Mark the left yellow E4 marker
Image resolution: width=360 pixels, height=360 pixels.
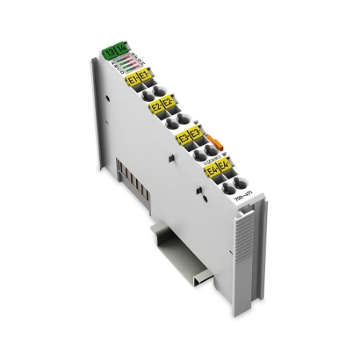[212, 170]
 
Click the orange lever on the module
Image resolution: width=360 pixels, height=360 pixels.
[212, 144]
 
